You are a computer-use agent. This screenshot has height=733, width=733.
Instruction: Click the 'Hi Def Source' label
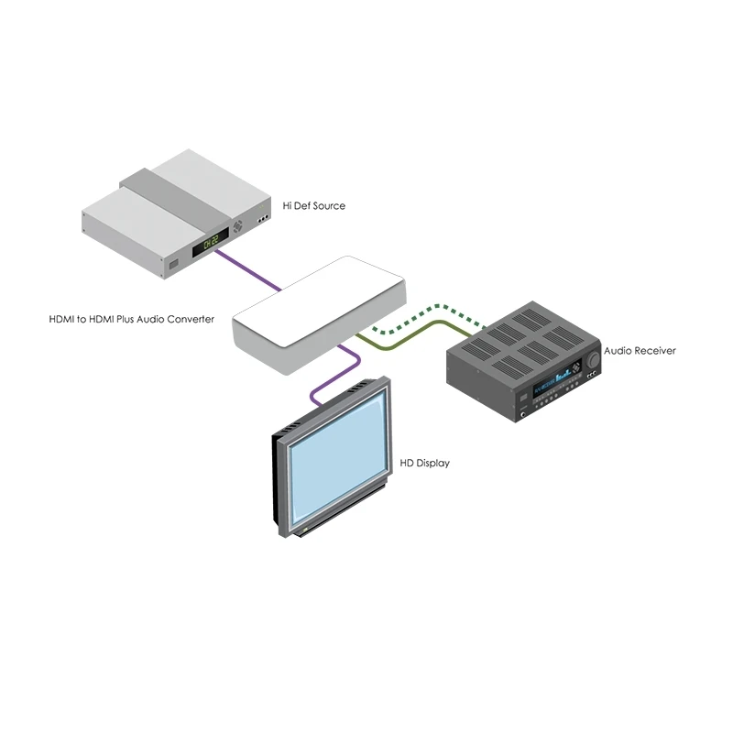click(x=313, y=205)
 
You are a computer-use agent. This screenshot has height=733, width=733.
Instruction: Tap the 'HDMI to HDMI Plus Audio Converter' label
click(x=131, y=319)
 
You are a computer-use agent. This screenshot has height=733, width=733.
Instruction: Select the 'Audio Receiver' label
click(x=640, y=351)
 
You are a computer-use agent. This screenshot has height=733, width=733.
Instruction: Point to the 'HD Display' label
click(x=424, y=463)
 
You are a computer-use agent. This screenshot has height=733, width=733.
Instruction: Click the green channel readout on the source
click(x=211, y=242)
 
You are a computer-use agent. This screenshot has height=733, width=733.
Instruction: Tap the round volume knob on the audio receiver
click(x=593, y=360)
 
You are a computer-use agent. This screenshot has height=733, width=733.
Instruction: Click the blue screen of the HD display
click(x=338, y=459)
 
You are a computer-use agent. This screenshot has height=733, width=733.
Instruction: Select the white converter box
click(x=320, y=314)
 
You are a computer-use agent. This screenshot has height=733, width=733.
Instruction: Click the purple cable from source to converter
click(x=248, y=270)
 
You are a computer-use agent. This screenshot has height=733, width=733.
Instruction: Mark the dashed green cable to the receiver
click(x=428, y=318)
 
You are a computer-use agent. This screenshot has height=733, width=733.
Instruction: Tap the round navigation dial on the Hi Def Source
click(x=238, y=227)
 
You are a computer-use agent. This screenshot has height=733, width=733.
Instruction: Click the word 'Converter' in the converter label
click(x=191, y=319)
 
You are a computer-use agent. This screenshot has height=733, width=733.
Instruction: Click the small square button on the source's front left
click(x=173, y=265)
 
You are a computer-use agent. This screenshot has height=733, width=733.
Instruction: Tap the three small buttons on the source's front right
click(x=263, y=219)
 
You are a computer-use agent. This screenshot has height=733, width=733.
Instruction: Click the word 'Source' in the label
click(x=329, y=205)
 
